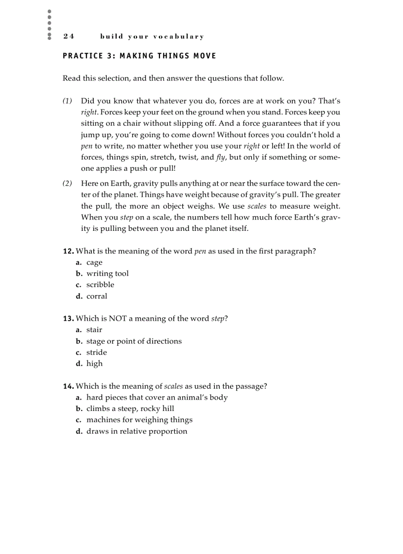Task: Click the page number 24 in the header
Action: point(69,37)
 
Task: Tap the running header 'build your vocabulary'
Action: point(152,37)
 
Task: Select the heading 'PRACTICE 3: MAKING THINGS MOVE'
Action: point(139,56)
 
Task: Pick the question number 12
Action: point(68,251)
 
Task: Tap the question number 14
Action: point(68,386)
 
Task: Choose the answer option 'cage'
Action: point(94,262)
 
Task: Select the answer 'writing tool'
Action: point(107,274)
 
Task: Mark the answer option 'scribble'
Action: point(100,285)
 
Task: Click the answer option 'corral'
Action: point(97,296)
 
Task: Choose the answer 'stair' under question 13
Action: point(94,330)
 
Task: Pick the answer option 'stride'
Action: point(96,353)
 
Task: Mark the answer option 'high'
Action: point(94,364)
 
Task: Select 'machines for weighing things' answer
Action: point(139,420)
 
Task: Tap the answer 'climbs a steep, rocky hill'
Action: point(130,409)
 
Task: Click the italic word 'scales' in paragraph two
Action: point(257,206)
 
